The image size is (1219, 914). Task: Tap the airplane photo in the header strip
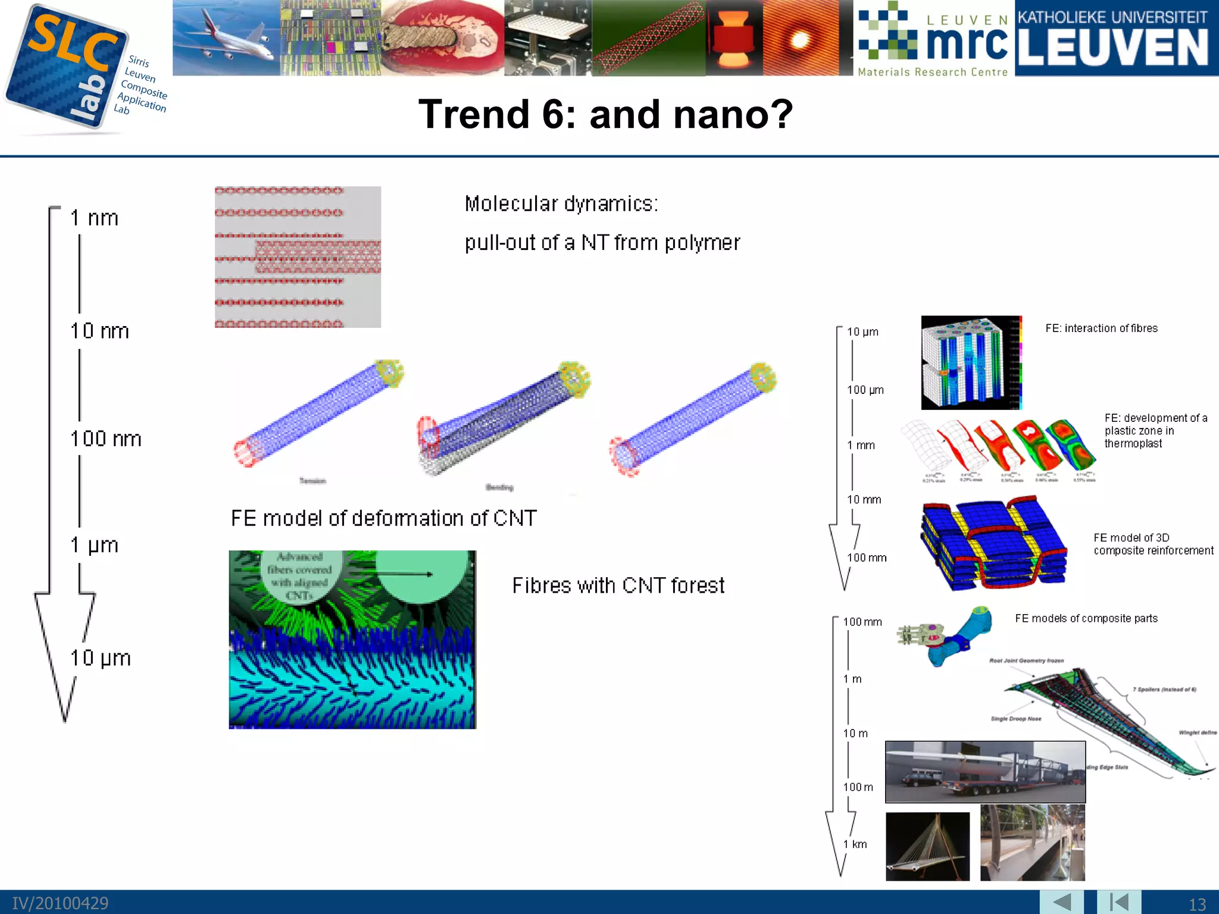pyautogui.click(x=226, y=38)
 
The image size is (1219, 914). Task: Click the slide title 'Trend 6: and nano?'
pyautogui.click(x=605, y=114)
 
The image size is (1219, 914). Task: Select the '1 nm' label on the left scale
pyautogui.click(x=94, y=218)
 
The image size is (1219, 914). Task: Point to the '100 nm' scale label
pyautogui.click(x=106, y=439)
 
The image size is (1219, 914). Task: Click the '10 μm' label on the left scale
pyautogui.click(x=101, y=658)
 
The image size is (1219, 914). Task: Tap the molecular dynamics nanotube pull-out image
pyautogui.click(x=298, y=257)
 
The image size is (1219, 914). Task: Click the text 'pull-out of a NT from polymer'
pyautogui.click(x=602, y=243)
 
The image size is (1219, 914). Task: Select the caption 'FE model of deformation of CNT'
pyautogui.click(x=384, y=518)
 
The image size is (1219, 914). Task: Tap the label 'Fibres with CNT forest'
pyautogui.click(x=618, y=586)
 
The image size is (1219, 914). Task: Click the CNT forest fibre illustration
pyautogui.click(x=352, y=640)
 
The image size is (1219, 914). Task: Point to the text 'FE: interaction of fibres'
pyautogui.click(x=1101, y=328)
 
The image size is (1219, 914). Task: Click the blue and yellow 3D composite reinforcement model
pyautogui.click(x=993, y=544)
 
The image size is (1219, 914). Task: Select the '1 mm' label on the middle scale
pyautogui.click(x=861, y=446)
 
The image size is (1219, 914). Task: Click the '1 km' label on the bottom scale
pyautogui.click(x=855, y=844)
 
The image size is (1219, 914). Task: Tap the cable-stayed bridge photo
pyautogui.click(x=927, y=846)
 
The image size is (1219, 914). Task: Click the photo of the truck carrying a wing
pyautogui.click(x=985, y=772)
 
